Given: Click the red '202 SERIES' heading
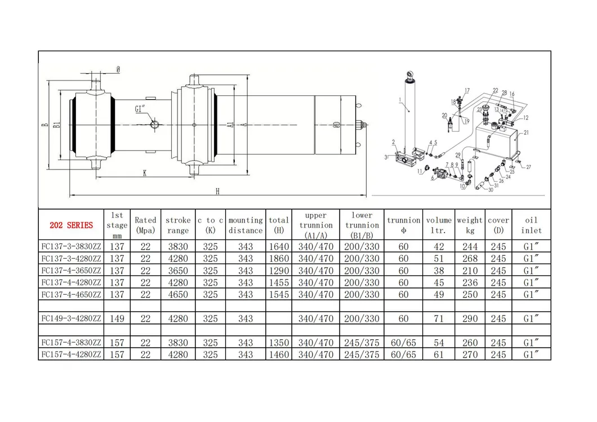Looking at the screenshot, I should pos(71,225).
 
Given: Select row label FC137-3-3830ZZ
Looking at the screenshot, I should pos(71,247).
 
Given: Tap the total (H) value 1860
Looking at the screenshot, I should pos(279,259).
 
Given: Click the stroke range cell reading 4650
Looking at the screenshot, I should pos(178,295).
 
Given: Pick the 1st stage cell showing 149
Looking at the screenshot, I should pos(117,319).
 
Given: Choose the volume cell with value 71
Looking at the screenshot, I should pos(439,319).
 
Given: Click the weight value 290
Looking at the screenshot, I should pos(469,319).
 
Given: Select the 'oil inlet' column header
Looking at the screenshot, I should pos(531,225).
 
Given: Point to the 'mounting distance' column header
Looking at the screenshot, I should pos(246,225).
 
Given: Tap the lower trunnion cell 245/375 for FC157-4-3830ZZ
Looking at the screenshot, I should pos(362,343).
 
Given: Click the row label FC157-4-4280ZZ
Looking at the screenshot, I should pos(71,355).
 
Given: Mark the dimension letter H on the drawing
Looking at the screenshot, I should pos(217,192).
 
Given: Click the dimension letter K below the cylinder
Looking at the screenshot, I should pos(145,174).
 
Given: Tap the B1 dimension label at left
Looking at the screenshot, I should pos(56,125).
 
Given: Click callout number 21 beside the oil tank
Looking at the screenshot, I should pos(526,133).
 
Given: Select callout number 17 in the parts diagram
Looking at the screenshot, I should pos(466,91).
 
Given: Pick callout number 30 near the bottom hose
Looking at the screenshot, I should pos(490,190).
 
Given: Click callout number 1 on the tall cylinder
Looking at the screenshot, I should pos(399,101).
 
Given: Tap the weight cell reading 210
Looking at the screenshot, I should pos(469,271).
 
